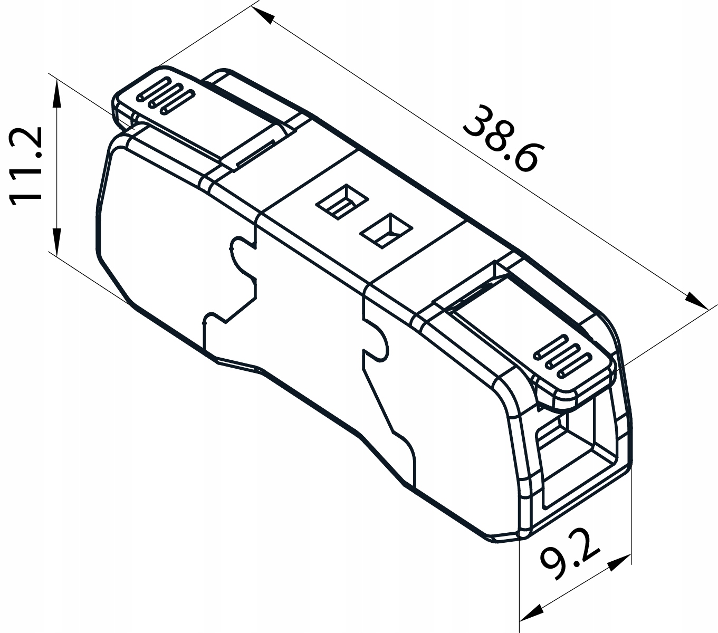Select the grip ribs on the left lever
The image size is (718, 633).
click(165, 94)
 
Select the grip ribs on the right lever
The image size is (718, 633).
click(561, 358)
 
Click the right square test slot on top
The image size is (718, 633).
click(386, 229)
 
